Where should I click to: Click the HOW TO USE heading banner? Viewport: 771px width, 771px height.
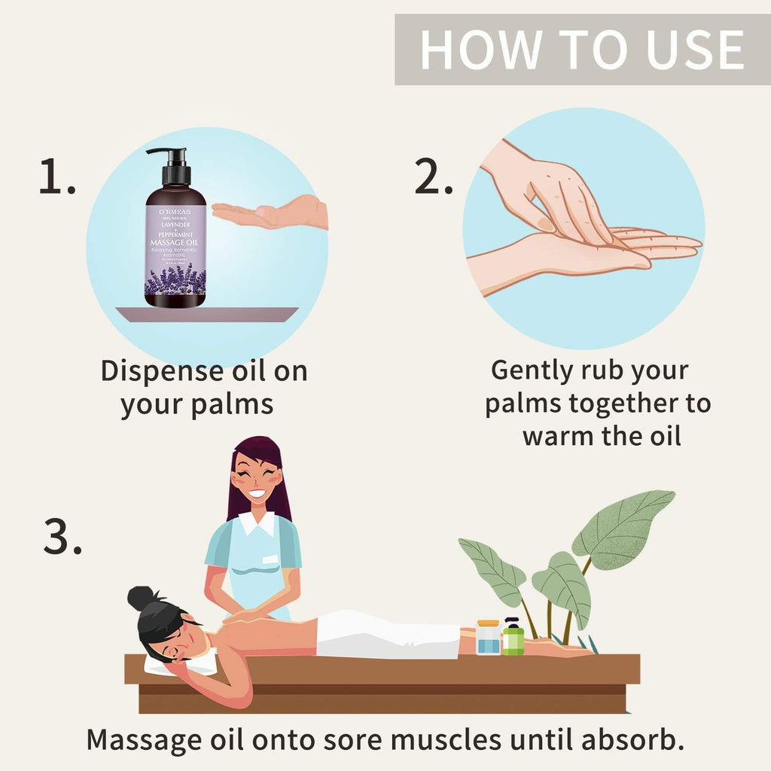coord(582,49)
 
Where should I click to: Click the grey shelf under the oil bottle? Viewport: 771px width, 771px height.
coord(206,314)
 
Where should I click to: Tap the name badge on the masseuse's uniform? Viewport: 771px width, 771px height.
coord(269,559)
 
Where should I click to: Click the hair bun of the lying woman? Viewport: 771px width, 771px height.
coord(140,599)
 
